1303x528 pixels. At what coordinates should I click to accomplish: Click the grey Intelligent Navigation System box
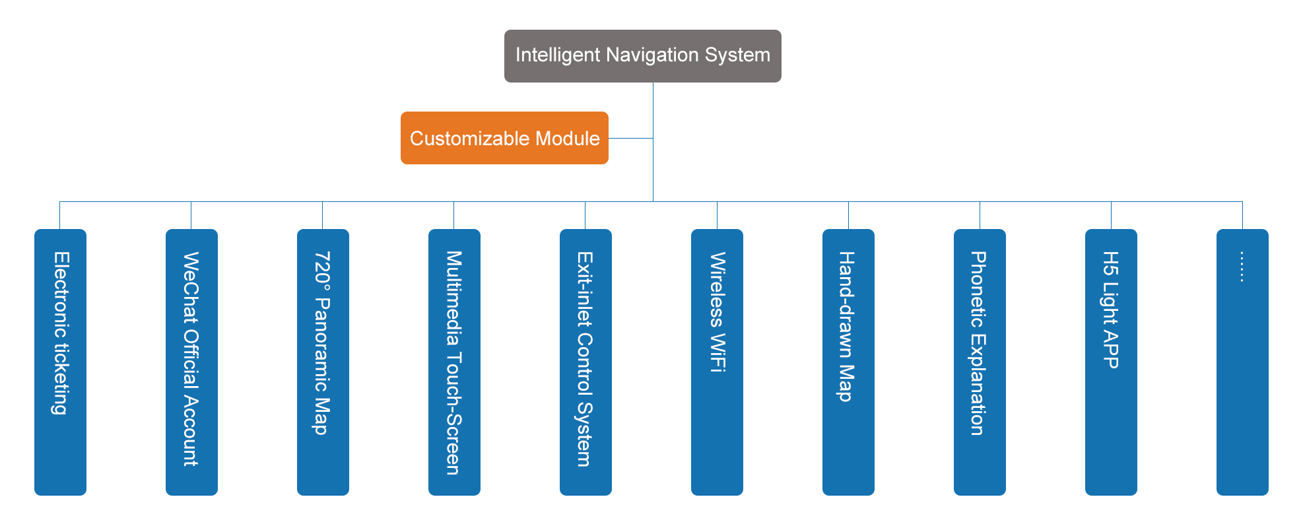(642, 56)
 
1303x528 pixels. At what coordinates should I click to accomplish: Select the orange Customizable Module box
(504, 138)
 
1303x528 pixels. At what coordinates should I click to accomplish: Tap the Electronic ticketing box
(60, 362)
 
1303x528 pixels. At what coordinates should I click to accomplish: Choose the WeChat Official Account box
(191, 362)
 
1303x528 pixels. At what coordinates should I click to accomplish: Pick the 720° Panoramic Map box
(323, 362)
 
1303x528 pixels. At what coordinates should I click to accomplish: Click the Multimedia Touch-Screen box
(454, 362)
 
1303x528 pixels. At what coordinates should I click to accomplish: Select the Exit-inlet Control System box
(585, 362)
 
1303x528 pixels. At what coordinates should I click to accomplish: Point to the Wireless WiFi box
(717, 362)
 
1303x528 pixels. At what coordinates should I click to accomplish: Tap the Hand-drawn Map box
(848, 362)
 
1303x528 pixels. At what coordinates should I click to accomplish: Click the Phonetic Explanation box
(980, 362)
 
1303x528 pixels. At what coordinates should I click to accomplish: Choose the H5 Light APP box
(1111, 362)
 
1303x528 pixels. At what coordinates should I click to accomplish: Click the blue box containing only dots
(1242, 362)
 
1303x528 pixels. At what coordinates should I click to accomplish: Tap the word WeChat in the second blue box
(191, 286)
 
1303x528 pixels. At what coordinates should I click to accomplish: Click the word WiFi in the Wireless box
(718, 354)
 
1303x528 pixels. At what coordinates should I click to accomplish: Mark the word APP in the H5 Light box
(1111, 350)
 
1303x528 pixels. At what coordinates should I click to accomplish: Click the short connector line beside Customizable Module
(630, 138)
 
